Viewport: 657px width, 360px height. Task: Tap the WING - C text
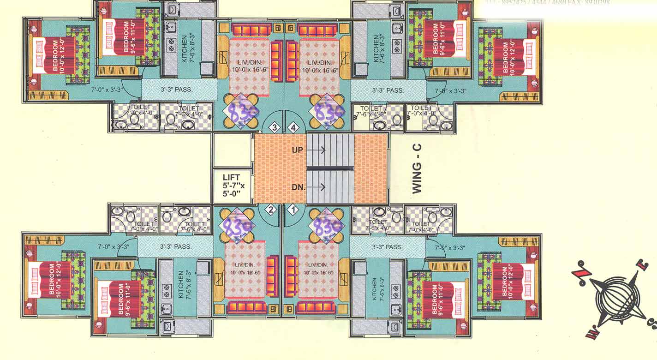pos(417,169)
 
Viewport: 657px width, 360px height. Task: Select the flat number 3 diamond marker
pos(275,127)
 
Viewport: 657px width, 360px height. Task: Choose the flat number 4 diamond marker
pos(293,127)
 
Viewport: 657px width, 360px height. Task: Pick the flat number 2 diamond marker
pos(272,210)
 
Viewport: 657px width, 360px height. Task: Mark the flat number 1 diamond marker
pos(292,210)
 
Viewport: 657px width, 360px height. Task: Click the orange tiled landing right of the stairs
pos(370,168)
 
